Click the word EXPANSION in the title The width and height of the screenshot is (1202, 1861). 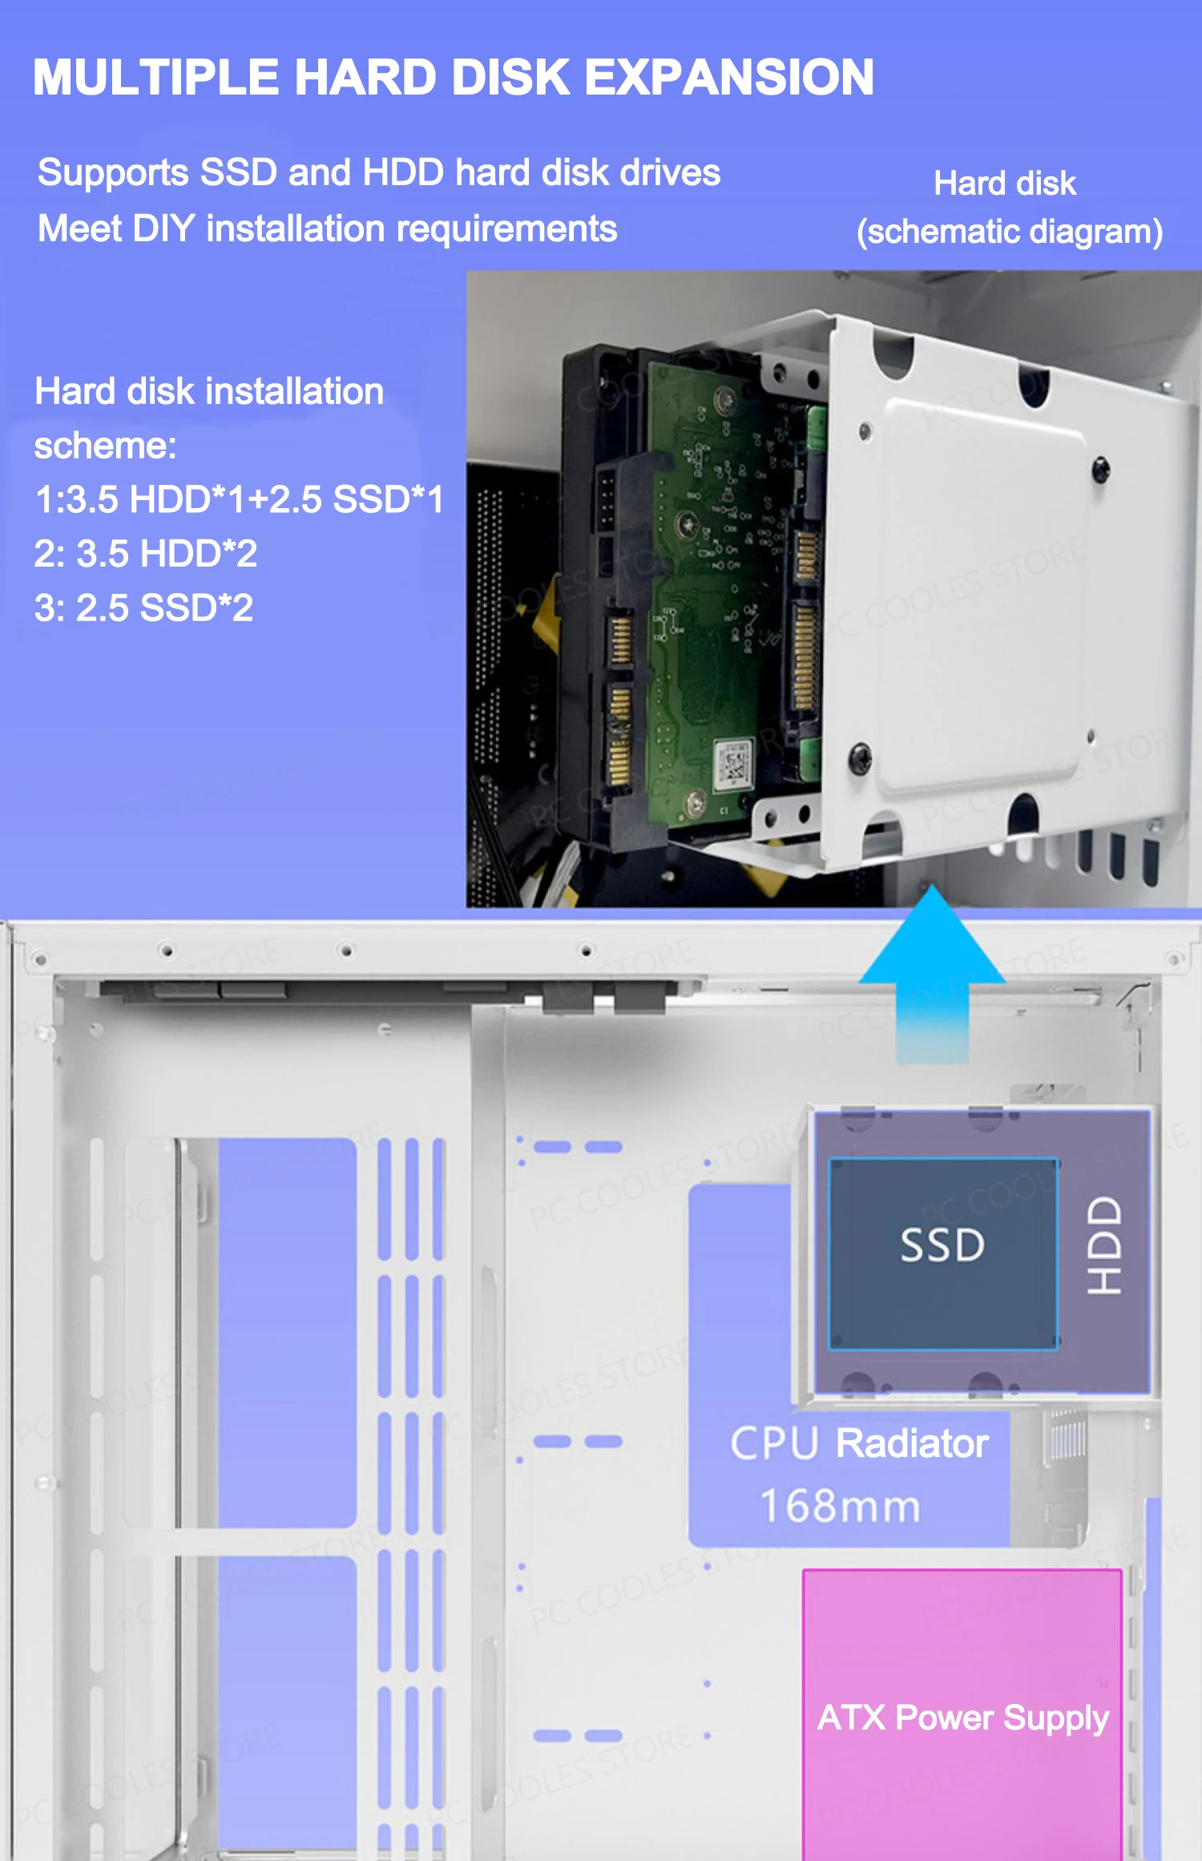point(729,78)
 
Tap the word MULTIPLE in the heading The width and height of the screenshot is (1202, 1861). point(156,78)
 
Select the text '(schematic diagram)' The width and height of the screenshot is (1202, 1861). point(1010,232)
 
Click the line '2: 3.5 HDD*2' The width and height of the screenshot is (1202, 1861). point(146,554)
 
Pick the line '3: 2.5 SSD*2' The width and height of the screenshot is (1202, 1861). point(144,608)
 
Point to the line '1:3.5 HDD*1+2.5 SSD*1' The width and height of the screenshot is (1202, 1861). point(240,499)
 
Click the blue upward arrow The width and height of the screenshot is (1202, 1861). point(932,974)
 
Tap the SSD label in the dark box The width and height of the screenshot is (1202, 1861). point(942,1245)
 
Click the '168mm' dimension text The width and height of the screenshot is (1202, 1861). point(840,1506)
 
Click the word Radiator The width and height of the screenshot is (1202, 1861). point(912,1443)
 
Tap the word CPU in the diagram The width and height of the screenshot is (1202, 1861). point(774,1443)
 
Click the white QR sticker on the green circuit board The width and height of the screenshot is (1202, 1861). point(734,765)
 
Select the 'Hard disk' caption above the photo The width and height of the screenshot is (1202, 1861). point(1005,184)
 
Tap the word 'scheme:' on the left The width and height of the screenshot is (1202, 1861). point(105,446)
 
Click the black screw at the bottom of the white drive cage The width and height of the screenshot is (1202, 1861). point(860,755)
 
